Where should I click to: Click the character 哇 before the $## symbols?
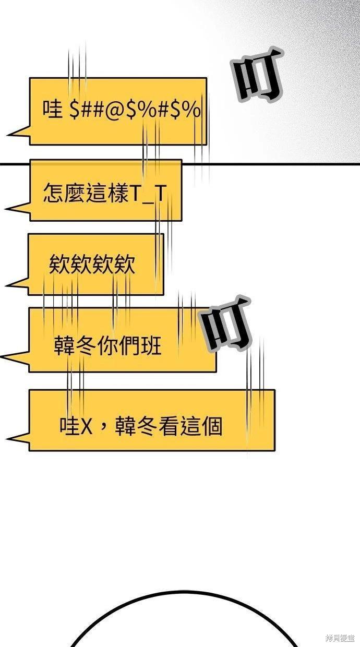pos(53,109)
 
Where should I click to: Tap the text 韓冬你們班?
pos(107,346)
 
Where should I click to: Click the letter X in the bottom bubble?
pos(86,426)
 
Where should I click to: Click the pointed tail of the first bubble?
pos(18,131)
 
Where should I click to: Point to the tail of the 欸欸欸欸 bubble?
pos(16,283)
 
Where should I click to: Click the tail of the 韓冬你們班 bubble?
pos(15,357)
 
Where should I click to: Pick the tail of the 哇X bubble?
pos(17,438)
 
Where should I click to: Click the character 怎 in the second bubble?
pos(53,193)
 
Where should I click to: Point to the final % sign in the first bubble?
pos(193,110)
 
